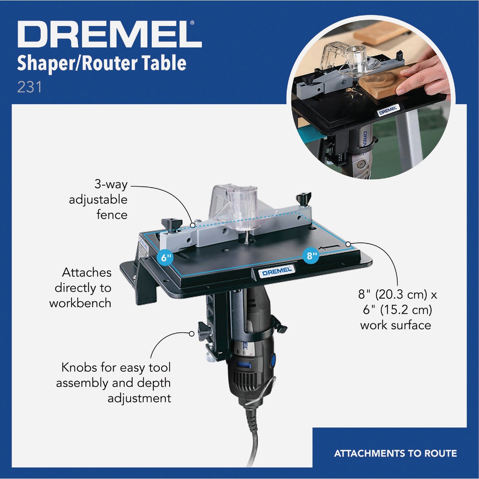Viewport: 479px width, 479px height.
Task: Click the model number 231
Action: point(29,87)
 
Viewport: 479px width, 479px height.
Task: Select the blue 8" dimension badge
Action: point(311,255)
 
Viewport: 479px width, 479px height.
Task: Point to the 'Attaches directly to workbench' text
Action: point(82,288)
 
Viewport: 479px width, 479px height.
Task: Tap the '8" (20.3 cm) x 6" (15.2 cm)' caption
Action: point(397,310)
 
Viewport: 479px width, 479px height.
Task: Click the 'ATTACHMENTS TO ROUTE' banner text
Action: point(395,453)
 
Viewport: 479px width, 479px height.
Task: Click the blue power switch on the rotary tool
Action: point(273,360)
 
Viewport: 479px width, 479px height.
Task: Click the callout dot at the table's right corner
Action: point(348,243)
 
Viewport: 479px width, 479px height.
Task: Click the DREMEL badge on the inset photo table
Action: point(388,110)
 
